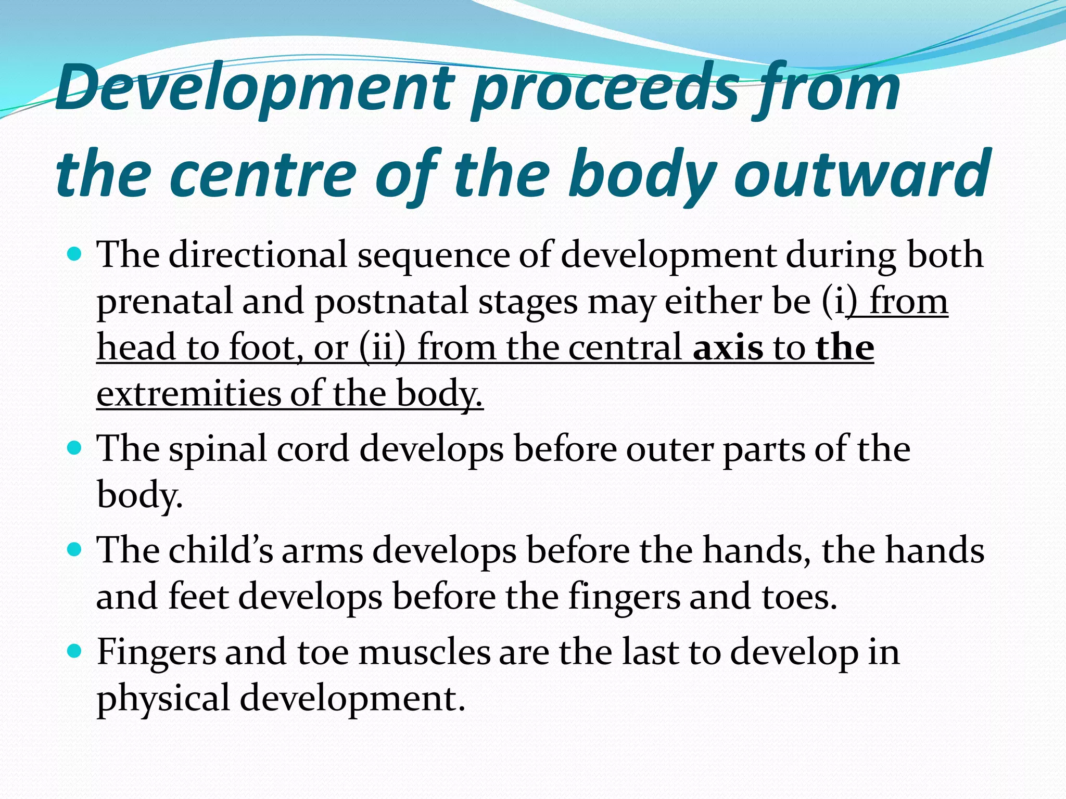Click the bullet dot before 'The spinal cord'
(x=75, y=448)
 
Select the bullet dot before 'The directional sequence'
(x=75, y=255)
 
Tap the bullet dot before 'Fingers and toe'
(x=75, y=651)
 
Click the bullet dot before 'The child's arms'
(x=75, y=549)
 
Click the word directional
(x=258, y=255)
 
